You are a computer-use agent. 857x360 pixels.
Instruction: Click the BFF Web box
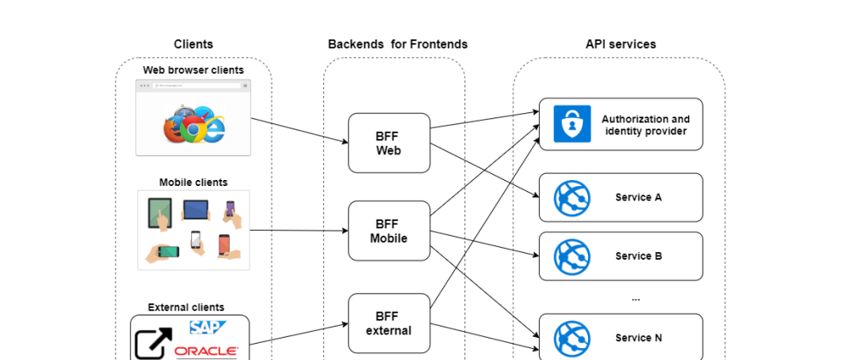pyautogui.click(x=388, y=142)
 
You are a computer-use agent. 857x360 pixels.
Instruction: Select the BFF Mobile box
pyautogui.click(x=388, y=231)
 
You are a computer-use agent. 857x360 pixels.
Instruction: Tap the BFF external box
pyautogui.click(x=388, y=322)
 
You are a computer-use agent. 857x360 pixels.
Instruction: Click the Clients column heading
pyautogui.click(x=193, y=44)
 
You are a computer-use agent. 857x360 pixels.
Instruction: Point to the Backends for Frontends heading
pyautogui.click(x=398, y=44)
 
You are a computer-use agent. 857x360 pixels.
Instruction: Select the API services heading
pyautogui.click(x=620, y=44)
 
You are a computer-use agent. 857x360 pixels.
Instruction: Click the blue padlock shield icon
pyautogui.click(x=567, y=124)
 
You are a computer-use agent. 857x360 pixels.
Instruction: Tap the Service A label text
pyautogui.click(x=638, y=197)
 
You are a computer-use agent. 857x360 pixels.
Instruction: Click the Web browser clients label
pyautogui.click(x=193, y=69)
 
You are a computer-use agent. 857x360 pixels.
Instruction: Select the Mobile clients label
pyautogui.click(x=193, y=182)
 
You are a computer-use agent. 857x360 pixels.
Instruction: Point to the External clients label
pyautogui.click(x=186, y=307)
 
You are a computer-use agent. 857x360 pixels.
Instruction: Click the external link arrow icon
pyautogui.click(x=153, y=345)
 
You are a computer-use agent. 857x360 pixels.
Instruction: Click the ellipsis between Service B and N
pyautogui.click(x=635, y=298)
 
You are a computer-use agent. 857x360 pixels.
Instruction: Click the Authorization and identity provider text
pyautogui.click(x=645, y=124)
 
